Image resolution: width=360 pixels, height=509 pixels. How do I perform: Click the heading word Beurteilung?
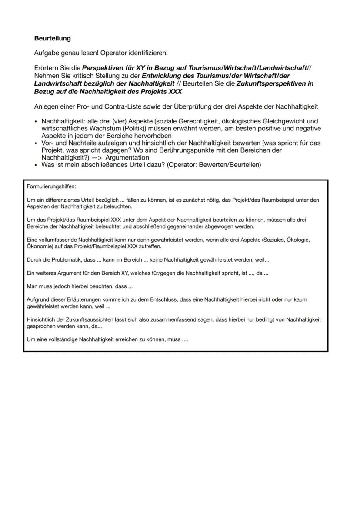52,38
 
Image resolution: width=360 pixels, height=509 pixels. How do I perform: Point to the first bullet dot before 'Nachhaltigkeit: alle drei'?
36,121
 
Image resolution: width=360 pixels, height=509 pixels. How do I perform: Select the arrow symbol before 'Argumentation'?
97,157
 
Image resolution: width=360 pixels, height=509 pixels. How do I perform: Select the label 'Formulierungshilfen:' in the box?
51,186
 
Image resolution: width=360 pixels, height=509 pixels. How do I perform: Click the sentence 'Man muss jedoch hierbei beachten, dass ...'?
80,286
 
